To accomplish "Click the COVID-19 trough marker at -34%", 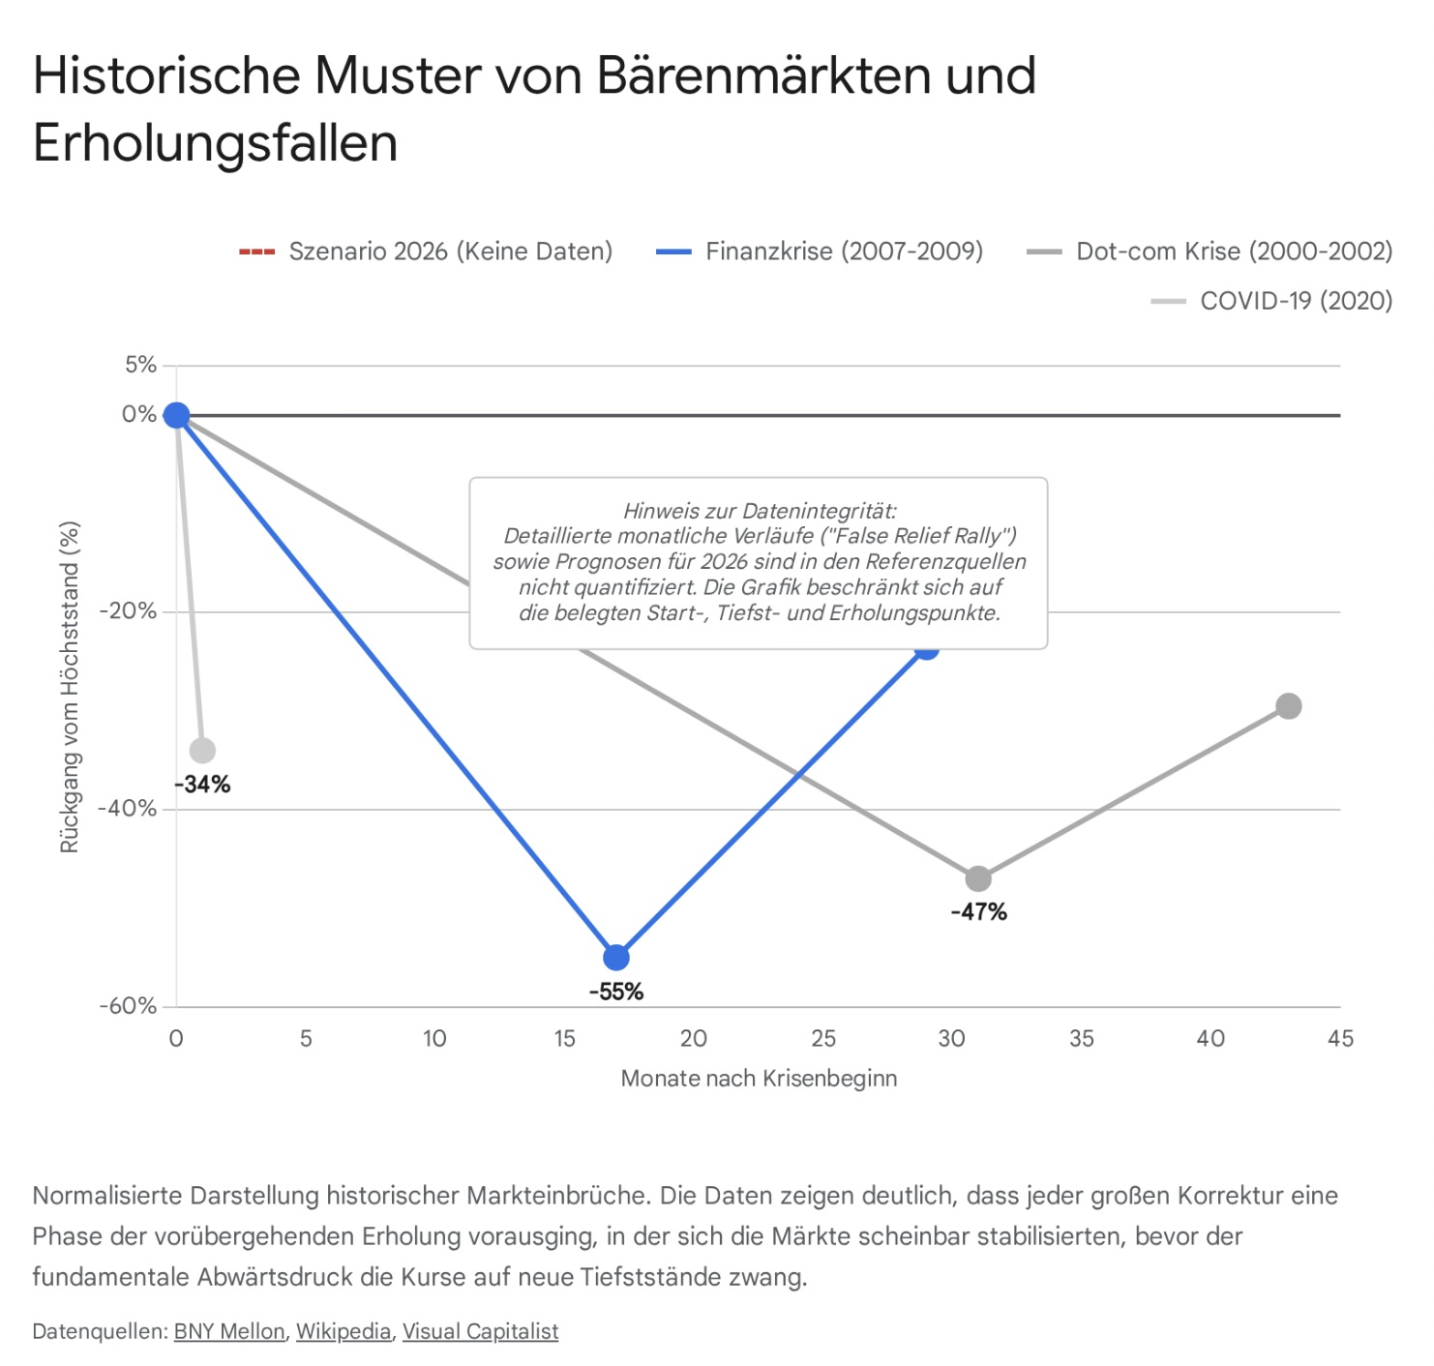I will (202, 750).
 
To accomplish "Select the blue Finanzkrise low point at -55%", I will (616, 958).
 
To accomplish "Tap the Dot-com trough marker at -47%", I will (978, 878).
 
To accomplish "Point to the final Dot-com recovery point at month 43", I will (1288, 706).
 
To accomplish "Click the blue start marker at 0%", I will (176, 415).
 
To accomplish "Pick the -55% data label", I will (616, 992).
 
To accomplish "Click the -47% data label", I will (978, 912).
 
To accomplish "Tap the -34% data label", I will (202, 785).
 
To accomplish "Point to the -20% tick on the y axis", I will (128, 611).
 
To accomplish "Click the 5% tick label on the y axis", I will (140, 365).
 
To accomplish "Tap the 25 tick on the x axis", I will (823, 1039).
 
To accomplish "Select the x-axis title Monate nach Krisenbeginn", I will (759, 1079).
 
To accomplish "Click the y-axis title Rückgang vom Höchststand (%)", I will (69, 687).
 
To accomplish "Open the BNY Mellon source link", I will (229, 1332).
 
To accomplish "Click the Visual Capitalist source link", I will (480, 1332).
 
